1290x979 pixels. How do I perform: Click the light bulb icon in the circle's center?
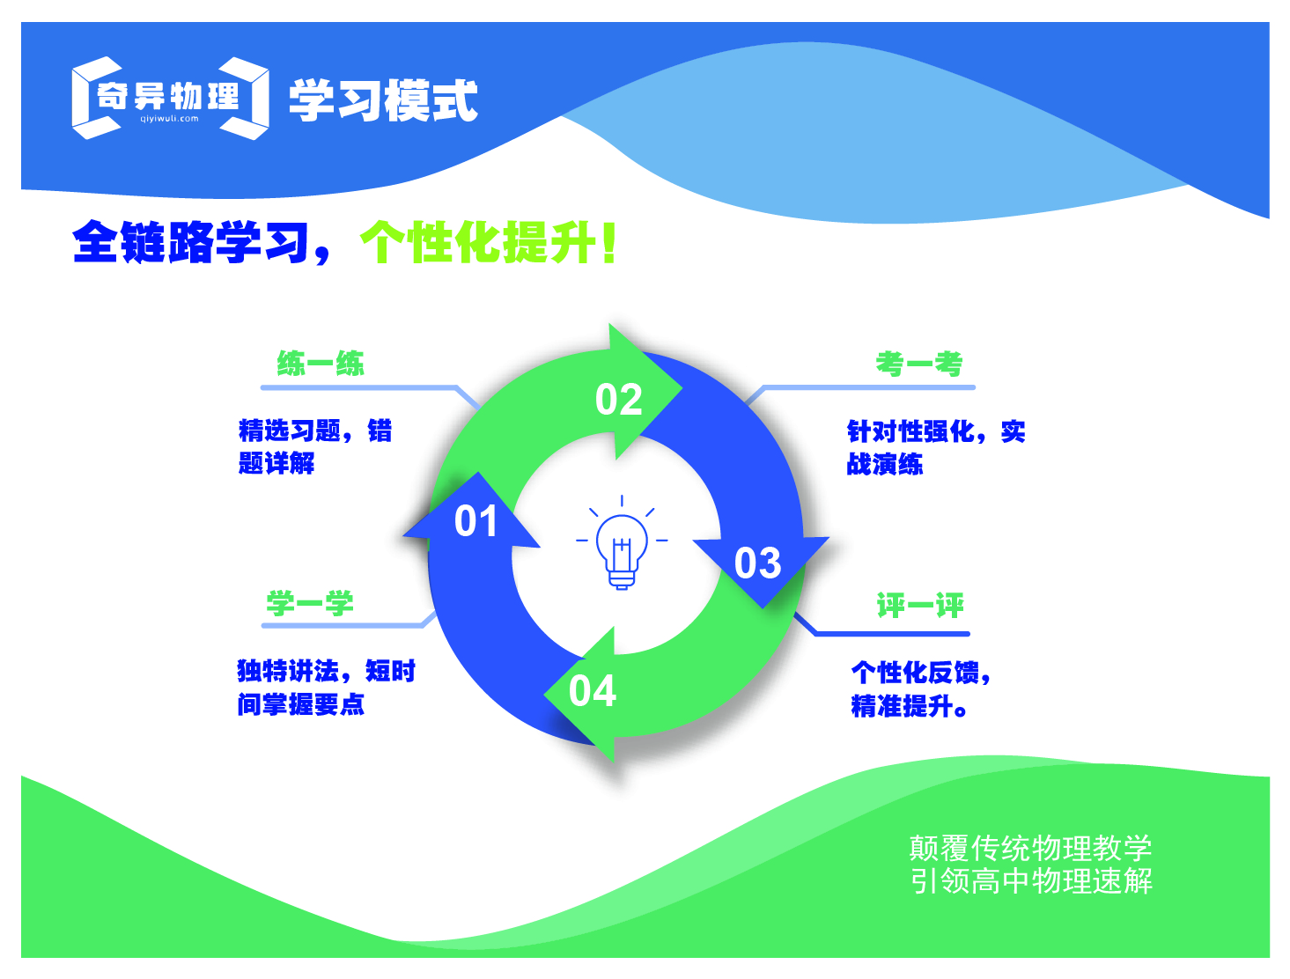(x=622, y=546)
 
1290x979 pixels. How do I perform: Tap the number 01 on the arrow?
(x=476, y=521)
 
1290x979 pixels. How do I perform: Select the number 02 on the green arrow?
(x=619, y=401)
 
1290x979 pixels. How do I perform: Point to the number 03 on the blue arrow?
(x=757, y=563)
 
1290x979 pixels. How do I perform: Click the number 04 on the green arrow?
(x=593, y=691)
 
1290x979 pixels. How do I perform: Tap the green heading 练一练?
(x=321, y=364)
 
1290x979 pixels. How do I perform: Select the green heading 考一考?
(x=918, y=364)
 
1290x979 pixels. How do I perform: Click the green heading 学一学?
(x=310, y=604)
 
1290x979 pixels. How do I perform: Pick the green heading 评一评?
(x=920, y=606)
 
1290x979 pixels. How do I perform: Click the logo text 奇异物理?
(x=168, y=95)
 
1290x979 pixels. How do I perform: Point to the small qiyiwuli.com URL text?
(x=169, y=119)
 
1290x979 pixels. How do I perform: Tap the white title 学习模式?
(x=383, y=100)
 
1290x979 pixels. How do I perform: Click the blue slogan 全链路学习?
(x=190, y=242)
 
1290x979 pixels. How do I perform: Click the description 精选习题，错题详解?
(x=314, y=446)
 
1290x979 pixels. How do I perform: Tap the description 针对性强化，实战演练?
(x=935, y=447)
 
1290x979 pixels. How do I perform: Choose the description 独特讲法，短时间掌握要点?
(x=326, y=688)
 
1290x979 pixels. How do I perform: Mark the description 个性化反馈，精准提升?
(x=920, y=689)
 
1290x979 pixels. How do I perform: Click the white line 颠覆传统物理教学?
(x=1030, y=848)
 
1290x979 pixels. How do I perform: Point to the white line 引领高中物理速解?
(x=1031, y=881)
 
